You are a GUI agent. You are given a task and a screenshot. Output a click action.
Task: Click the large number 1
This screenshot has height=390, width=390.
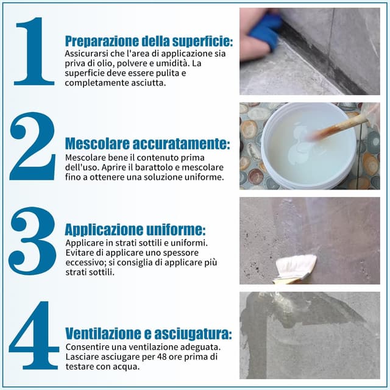(34, 51)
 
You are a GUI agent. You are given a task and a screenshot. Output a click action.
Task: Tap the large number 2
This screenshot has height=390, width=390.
(33, 146)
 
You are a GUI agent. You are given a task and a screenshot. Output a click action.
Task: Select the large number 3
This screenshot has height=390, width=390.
(33, 241)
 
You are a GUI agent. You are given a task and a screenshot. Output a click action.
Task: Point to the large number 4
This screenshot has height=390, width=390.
(34, 335)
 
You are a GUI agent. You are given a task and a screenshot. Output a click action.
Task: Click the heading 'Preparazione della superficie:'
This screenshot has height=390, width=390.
(149, 41)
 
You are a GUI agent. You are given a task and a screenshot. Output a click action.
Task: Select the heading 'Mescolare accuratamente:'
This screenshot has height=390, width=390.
(147, 144)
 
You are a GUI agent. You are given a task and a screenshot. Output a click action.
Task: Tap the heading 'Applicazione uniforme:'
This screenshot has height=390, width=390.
(135, 230)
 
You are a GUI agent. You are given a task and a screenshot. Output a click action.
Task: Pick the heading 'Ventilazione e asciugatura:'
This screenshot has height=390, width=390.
(148, 334)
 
